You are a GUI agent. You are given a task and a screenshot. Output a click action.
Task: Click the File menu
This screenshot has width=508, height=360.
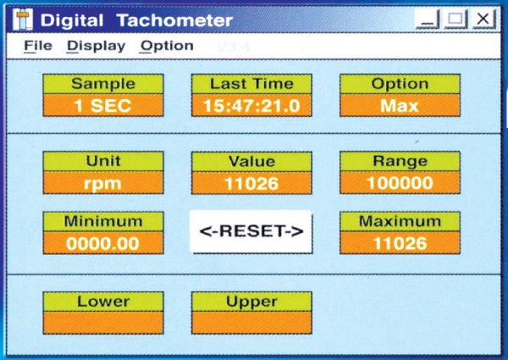click(x=38, y=46)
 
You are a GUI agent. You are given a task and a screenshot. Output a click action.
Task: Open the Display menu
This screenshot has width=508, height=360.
click(x=97, y=46)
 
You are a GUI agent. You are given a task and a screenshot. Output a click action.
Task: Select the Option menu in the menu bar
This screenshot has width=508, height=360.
click(x=167, y=46)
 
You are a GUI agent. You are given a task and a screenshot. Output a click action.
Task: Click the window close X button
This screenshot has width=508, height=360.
click(x=483, y=19)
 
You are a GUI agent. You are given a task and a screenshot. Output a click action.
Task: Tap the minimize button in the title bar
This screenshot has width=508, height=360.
click(x=428, y=19)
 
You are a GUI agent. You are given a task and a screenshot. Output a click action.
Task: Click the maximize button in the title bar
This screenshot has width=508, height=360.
click(x=456, y=19)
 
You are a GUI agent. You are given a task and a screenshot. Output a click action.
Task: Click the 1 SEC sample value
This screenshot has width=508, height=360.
click(x=103, y=106)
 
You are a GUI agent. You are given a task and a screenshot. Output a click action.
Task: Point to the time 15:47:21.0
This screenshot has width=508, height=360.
click(x=251, y=106)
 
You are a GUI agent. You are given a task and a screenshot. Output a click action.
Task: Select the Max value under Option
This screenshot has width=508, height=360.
click(x=400, y=106)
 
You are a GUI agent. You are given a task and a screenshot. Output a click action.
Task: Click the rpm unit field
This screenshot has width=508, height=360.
click(x=103, y=183)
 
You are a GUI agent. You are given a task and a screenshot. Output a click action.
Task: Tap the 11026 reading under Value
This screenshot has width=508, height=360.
click(x=251, y=183)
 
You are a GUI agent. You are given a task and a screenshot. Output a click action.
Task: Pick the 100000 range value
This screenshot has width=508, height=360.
click(x=400, y=183)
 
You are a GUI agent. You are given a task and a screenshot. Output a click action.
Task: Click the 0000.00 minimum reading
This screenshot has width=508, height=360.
click(x=103, y=243)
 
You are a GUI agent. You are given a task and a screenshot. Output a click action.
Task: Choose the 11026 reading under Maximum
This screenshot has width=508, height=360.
click(x=400, y=243)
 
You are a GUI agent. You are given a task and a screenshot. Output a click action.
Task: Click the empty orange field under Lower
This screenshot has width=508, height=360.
click(x=103, y=323)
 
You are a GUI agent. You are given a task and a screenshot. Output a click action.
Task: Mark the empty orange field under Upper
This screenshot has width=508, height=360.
click(x=251, y=323)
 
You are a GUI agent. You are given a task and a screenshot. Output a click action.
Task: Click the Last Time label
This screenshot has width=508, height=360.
click(x=251, y=84)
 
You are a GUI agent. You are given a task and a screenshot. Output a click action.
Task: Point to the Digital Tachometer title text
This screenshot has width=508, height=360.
click(x=136, y=20)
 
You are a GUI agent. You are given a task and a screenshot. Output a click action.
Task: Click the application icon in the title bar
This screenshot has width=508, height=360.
click(x=23, y=19)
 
